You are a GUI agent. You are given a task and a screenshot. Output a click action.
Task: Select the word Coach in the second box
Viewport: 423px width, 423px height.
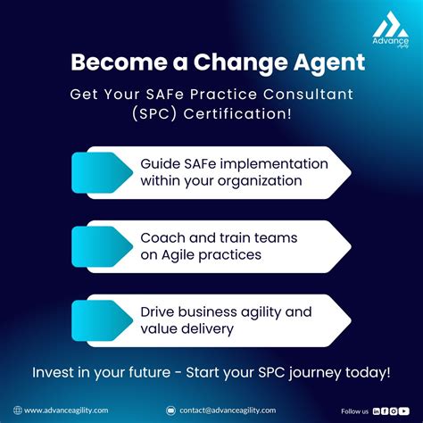tap(163, 238)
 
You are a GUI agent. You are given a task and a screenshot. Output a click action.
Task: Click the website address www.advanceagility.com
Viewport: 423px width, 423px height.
tap(66, 411)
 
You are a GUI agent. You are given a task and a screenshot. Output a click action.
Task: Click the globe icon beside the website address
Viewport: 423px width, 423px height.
tap(18, 411)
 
